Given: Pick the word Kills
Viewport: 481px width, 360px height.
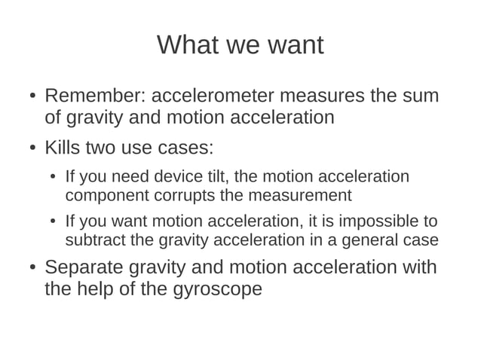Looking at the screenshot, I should [x=64, y=147].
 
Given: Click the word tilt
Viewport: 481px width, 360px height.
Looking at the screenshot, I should [x=219, y=177].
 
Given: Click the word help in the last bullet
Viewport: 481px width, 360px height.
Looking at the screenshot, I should [x=102, y=288].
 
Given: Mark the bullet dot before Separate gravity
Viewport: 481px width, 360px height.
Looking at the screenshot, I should [x=32, y=268].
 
